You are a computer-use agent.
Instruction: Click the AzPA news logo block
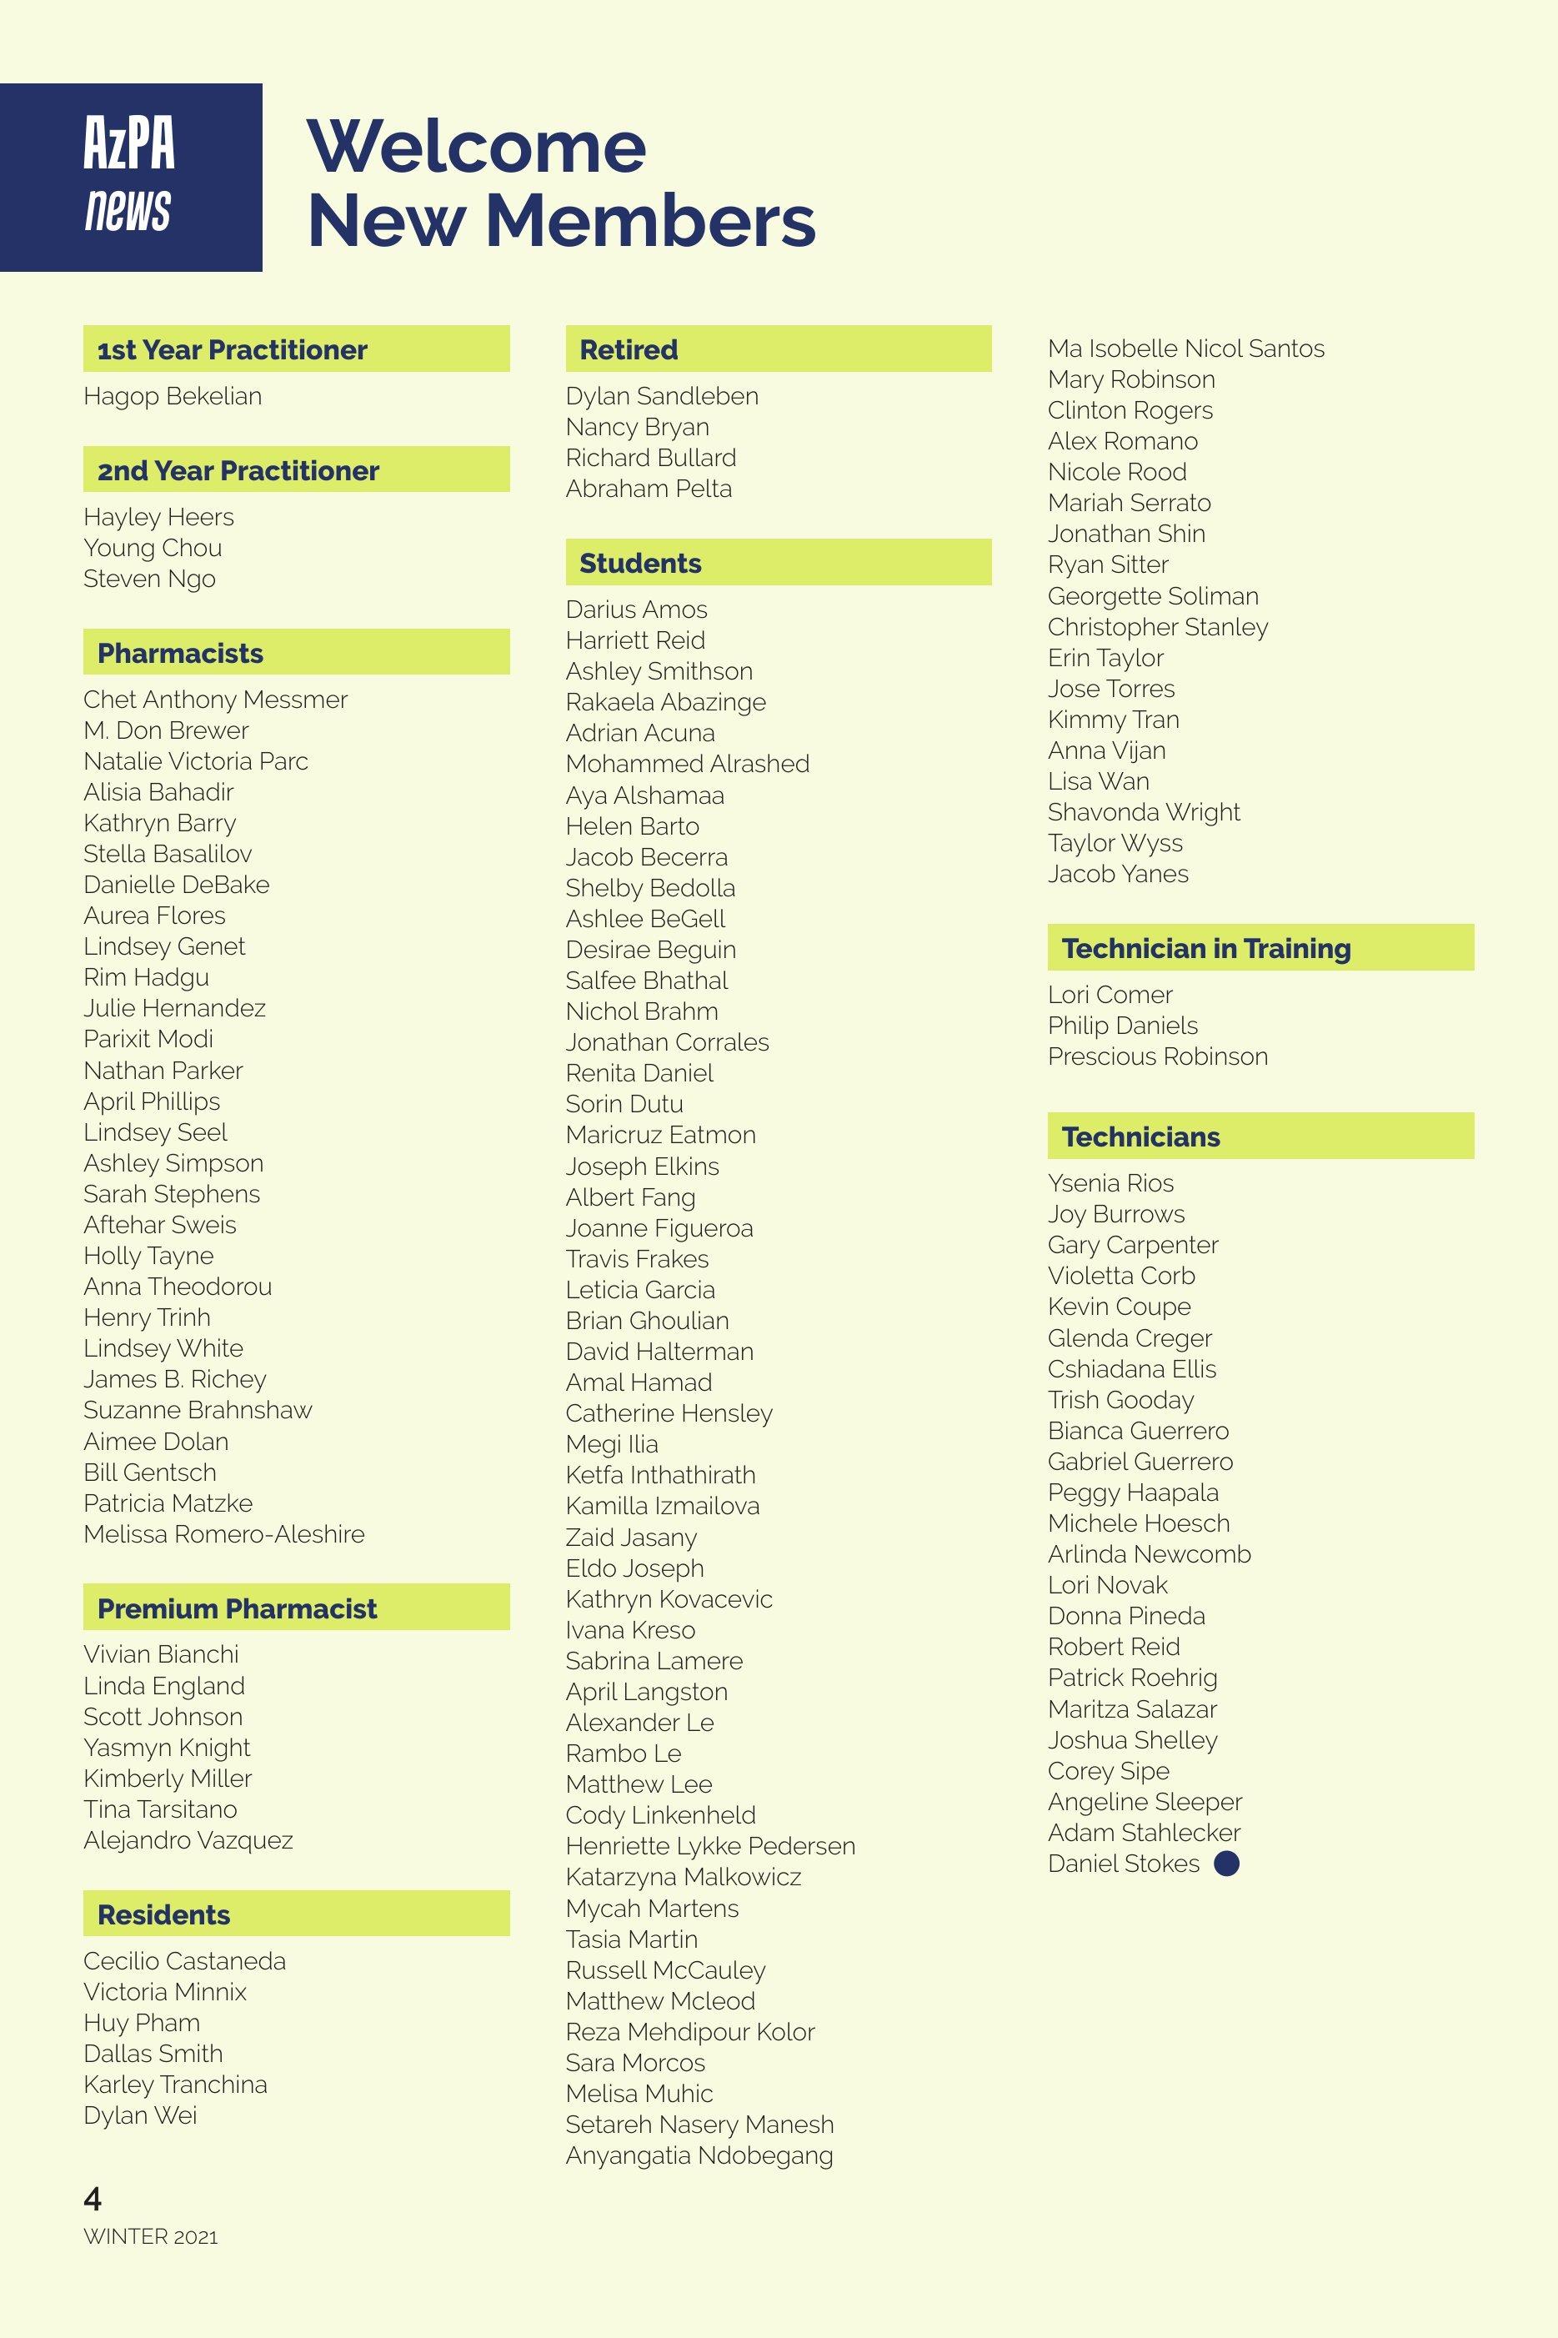[130, 177]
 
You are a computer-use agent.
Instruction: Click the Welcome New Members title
[560, 183]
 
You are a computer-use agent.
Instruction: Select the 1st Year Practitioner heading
[232, 349]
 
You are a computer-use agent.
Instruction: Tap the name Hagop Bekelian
[173, 396]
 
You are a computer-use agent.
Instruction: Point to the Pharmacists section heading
[180, 653]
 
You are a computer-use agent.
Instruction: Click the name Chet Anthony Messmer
[216, 700]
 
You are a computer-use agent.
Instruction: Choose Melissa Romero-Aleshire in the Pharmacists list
[223, 1533]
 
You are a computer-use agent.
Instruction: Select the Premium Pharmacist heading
[237, 1608]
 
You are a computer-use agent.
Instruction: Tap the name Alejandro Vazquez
[188, 1839]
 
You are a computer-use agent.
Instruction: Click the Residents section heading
[164, 1914]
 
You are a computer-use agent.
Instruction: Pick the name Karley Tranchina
[175, 2084]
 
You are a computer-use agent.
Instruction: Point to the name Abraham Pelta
[648, 489]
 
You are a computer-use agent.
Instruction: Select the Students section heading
[640, 564]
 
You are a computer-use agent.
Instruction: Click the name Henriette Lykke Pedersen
[709, 1845]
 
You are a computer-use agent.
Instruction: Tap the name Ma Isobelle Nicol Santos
[1185, 349]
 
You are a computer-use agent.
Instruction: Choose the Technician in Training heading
[1205, 948]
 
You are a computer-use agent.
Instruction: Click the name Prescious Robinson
[1158, 1056]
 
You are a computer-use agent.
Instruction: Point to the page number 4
[93, 2198]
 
